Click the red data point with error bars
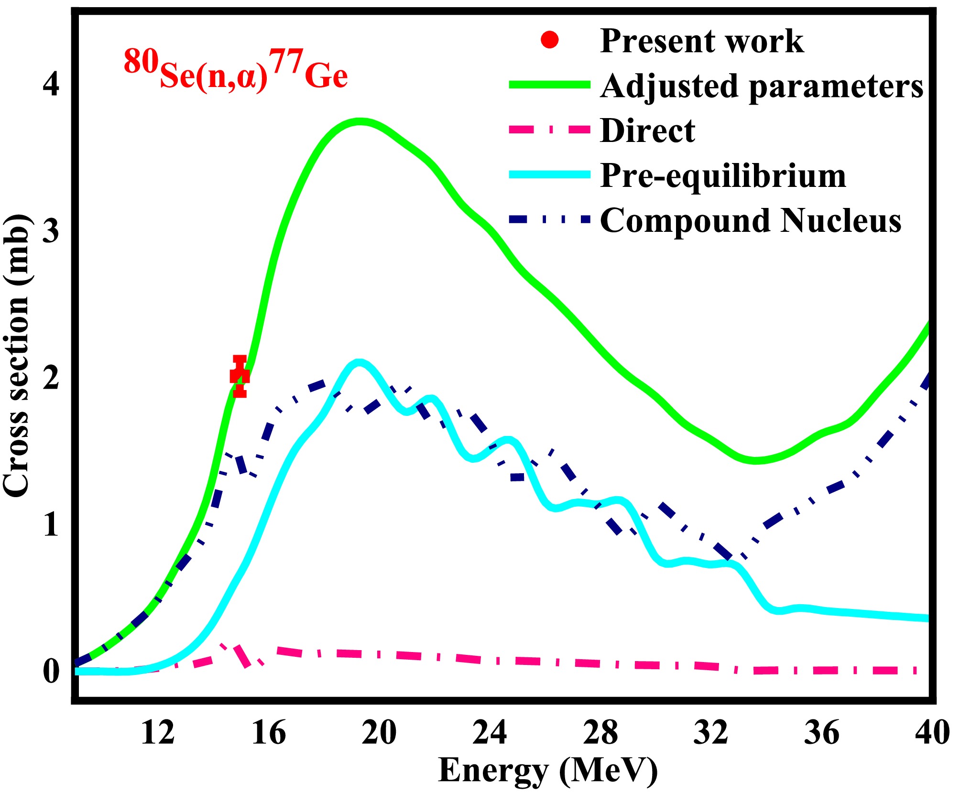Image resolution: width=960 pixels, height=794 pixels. click(x=240, y=376)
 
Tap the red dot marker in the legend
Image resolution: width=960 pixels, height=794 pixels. click(x=550, y=40)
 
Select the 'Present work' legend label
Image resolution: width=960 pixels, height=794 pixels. click(x=701, y=41)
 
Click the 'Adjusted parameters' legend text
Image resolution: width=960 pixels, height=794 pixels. click(x=762, y=87)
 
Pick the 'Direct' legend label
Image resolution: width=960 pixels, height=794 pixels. click(x=647, y=131)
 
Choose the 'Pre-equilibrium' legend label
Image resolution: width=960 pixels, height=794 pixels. click(x=723, y=176)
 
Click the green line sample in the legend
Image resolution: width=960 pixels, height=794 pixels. click(x=550, y=85)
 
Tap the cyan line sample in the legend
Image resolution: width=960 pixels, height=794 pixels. click(x=550, y=174)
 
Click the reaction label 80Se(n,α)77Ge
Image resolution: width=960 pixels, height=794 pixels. click(x=235, y=69)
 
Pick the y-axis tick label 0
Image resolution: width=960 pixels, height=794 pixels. click(x=51, y=671)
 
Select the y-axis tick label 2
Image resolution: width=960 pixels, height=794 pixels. click(x=51, y=378)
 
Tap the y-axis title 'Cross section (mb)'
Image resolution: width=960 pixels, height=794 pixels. click(x=16, y=355)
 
